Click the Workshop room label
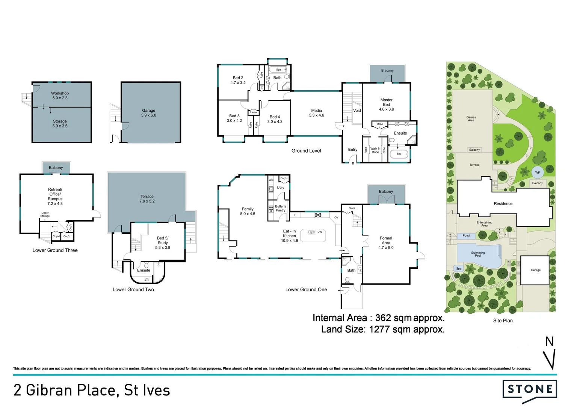coord(60,93)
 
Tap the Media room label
coord(316,111)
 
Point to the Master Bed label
coord(386,102)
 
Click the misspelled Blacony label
coord(387,70)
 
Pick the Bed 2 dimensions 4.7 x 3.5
coord(238,83)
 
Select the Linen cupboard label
coord(254,112)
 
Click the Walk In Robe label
coord(375,150)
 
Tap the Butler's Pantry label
coord(281,208)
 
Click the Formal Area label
coord(386,240)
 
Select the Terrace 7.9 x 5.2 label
coord(147,199)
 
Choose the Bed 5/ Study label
coord(163,240)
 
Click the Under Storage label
coord(45,214)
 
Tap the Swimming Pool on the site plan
coord(478,254)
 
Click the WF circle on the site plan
coord(537,172)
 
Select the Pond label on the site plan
coord(466,236)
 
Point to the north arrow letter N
coord(549,341)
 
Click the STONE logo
coord(530,389)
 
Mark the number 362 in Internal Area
coord(383,318)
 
